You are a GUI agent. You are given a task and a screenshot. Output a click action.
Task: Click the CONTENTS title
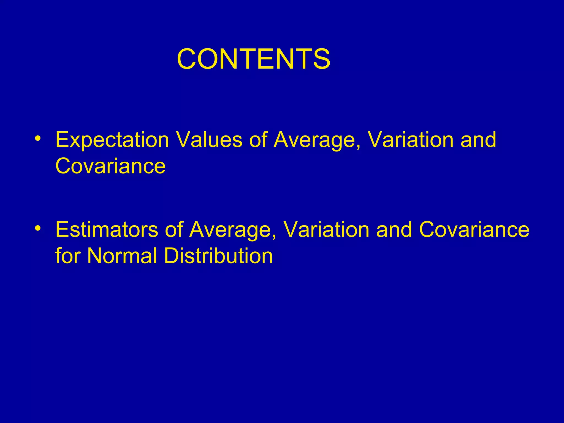(x=253, y=59)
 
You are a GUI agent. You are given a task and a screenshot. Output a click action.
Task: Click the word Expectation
(x=112, y=140)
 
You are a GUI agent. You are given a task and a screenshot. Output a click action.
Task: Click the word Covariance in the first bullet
(x=110, y=166)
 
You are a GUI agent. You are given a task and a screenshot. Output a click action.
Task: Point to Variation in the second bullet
(x=326, y=229)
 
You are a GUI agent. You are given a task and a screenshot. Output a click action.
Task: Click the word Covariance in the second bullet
(x=474, y=229)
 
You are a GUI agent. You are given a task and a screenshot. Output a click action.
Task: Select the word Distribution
(x=218, y=256)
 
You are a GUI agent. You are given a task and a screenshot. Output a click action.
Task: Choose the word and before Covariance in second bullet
(x=394, y=229)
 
